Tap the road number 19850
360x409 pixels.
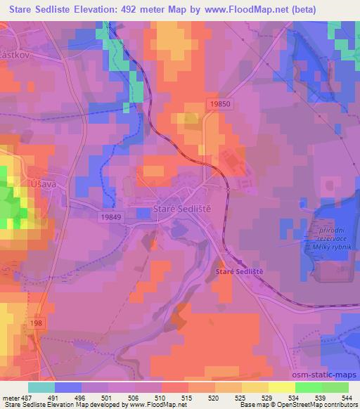[220, 103]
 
